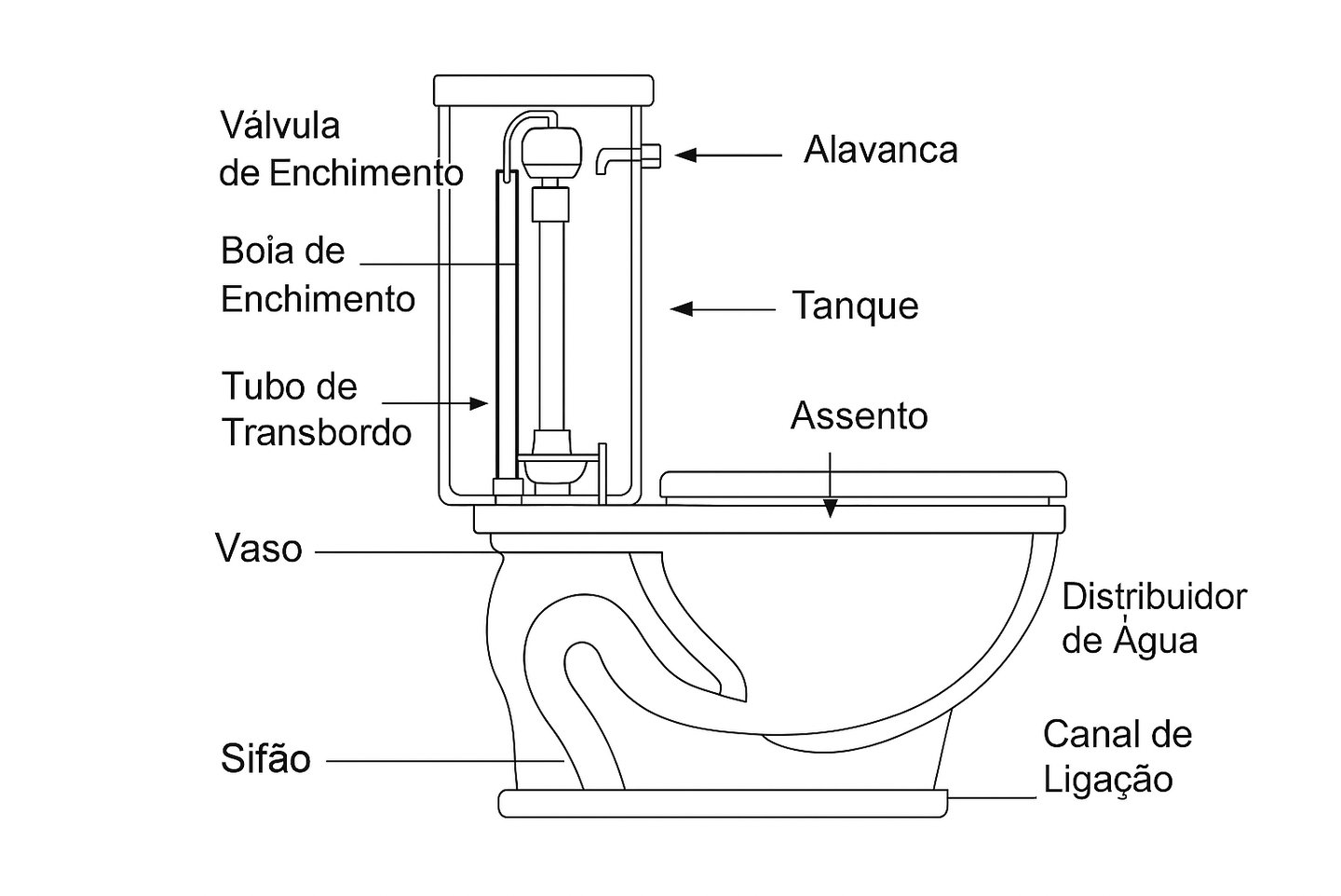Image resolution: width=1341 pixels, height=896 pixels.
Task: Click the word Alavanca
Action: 880,150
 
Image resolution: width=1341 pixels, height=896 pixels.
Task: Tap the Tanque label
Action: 855,306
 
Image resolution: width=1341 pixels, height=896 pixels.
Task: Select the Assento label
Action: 859,416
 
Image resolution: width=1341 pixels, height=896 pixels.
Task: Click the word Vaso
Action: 259,549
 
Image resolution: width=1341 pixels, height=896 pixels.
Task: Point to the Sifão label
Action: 265,759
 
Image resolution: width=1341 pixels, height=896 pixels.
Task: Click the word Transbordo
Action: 317,432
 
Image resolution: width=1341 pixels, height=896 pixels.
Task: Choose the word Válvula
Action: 279,125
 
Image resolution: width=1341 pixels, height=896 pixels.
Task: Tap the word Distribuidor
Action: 1154,597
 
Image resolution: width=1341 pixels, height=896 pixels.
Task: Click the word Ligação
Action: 1107,780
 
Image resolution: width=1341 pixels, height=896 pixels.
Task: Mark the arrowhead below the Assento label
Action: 830,509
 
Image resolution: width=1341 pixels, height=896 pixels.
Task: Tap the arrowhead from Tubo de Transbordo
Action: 480,403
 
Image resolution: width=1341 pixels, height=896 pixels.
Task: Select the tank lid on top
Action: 544,90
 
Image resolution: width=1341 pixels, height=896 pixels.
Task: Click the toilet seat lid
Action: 862,485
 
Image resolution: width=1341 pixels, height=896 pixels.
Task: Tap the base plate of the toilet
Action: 723,803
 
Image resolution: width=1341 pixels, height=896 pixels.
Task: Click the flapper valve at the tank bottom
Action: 556,463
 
